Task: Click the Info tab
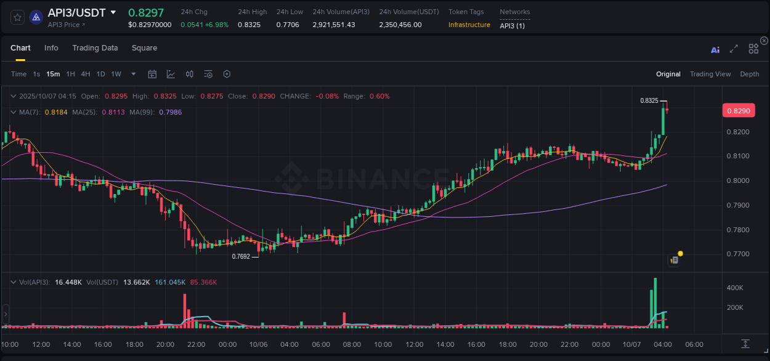point(51,48)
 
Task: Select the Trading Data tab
point(95,48)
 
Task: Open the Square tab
point(144,48)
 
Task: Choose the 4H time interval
point(85,74)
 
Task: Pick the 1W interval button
point(116,74)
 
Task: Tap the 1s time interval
point(36,74)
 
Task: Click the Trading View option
point(710,74)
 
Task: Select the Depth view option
point(750,74)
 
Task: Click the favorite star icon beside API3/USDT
point(17,17)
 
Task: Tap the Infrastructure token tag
point(469,25)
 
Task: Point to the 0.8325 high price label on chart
point(649,100)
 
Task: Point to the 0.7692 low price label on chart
point(241,256)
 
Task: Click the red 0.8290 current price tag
point(738,111)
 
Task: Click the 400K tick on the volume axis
point(735,288)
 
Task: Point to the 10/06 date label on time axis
point(258,344)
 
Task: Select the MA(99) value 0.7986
point(170,112)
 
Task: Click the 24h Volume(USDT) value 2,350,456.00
point(400,25)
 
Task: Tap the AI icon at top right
point(715,49)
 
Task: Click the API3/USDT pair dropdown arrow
point(113,12)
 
